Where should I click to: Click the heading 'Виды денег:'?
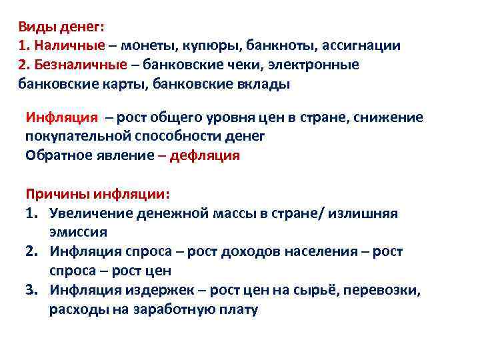(x=61, y=27)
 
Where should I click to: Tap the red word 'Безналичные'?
(x=79, y=65)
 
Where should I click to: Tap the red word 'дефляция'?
(x=205, y=155)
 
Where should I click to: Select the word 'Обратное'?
(x=58, y=155)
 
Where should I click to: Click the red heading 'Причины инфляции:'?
(x=97, y=194)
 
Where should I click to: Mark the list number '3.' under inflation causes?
(x=33, y=291)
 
